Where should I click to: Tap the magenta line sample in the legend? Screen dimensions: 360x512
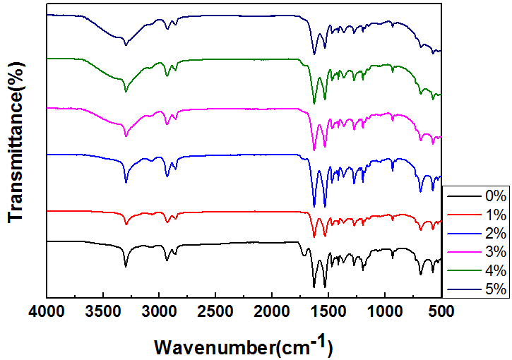(461, 252)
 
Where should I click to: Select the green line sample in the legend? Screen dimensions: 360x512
(461, 271)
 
